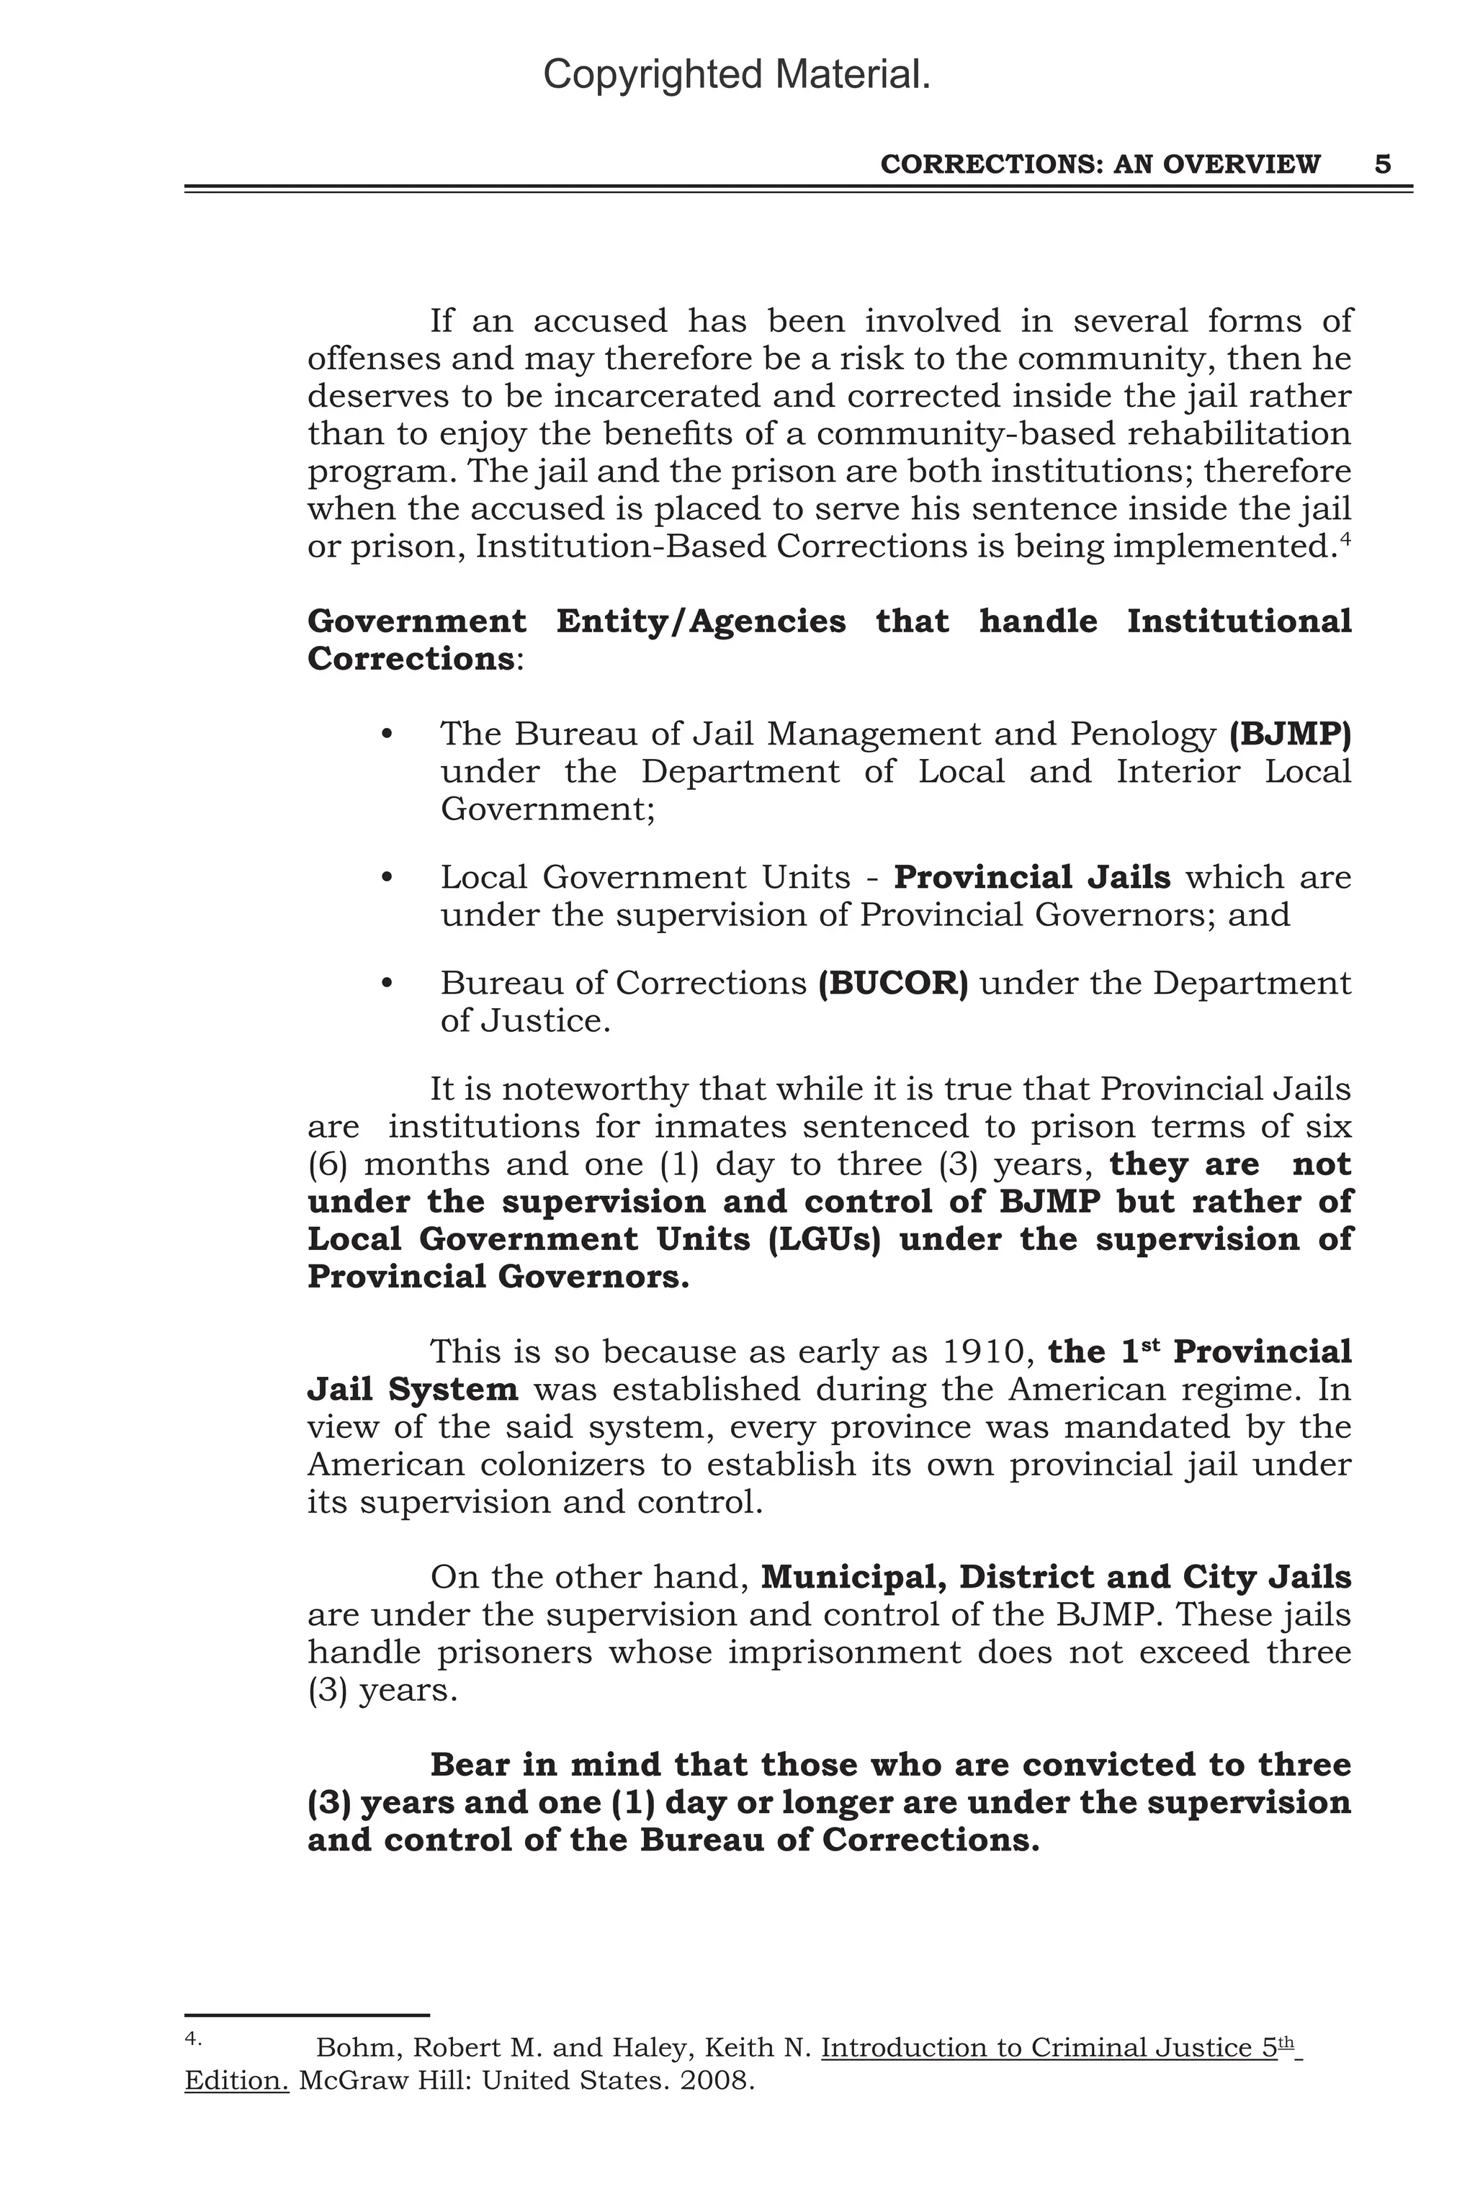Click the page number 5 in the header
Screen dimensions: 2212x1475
coord(1382,165)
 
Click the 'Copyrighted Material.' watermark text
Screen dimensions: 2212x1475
coord(737,74)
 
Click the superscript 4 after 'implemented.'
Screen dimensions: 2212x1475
coord(1345,539)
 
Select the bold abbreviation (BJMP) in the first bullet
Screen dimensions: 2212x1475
coord(1290,734)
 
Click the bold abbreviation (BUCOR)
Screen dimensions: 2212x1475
coord(893,983)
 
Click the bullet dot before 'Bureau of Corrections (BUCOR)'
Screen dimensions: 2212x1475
coord(387,983)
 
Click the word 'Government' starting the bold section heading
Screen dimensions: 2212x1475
coord(417,621)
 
